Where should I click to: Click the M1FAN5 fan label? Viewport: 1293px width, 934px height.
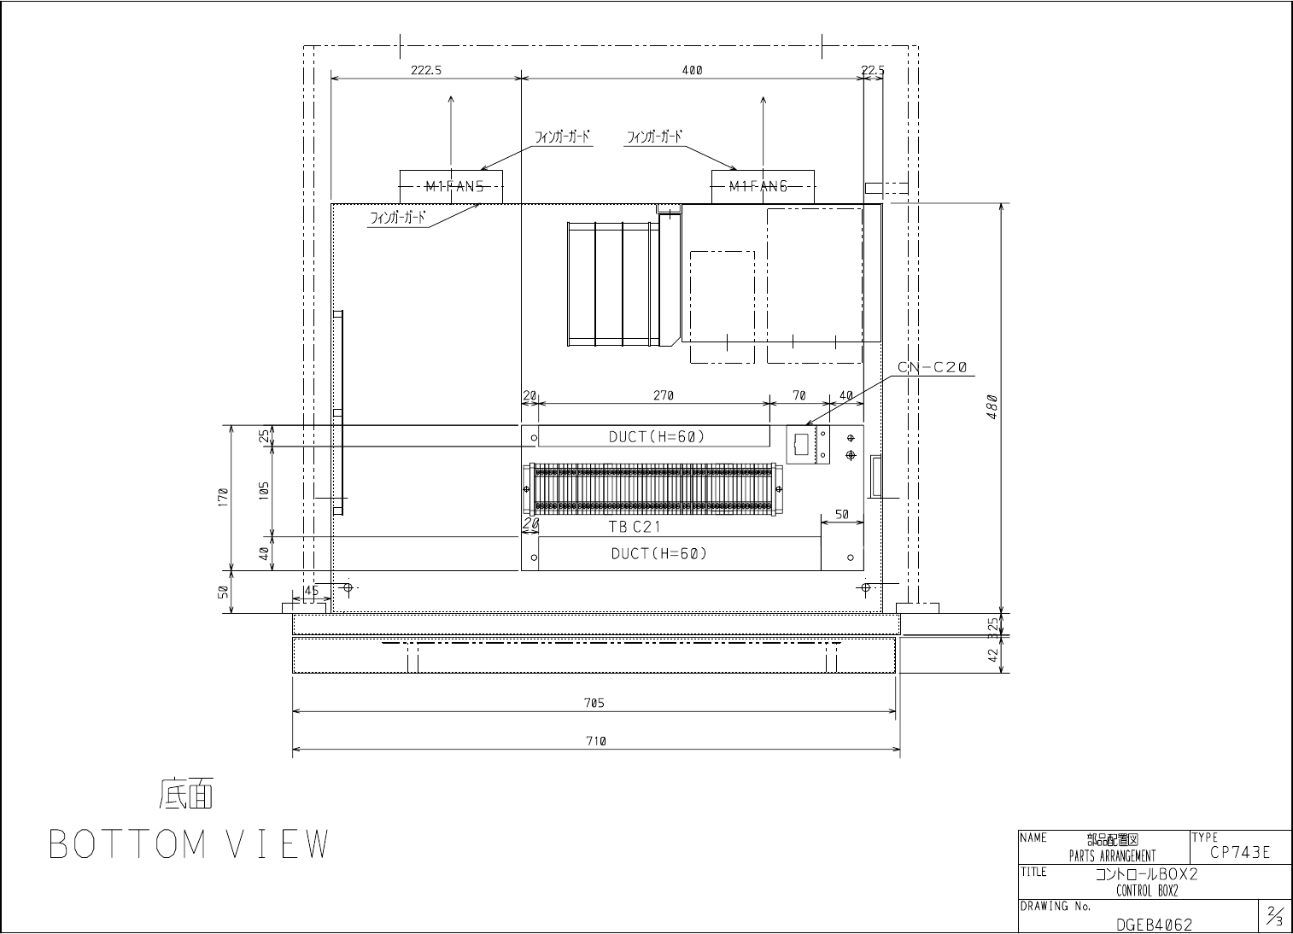(x=454, y=186)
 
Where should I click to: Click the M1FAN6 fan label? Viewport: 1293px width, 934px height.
(x=758, y=186)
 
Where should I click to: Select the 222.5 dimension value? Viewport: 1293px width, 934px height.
(x=426, y=70)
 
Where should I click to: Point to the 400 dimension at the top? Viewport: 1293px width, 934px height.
(x=692, y=70)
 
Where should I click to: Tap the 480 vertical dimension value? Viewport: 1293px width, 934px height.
(x=992, y=406)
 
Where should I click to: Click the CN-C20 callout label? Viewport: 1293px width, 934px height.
(x=933, y=367)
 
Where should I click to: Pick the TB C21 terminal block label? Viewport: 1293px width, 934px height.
(x=635, y=527)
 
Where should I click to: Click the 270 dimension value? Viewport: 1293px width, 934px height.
(x=664, y=396)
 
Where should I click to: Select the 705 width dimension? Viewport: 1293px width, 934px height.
(x=594, y=703)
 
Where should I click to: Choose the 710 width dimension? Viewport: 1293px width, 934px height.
(x=596, y=741)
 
